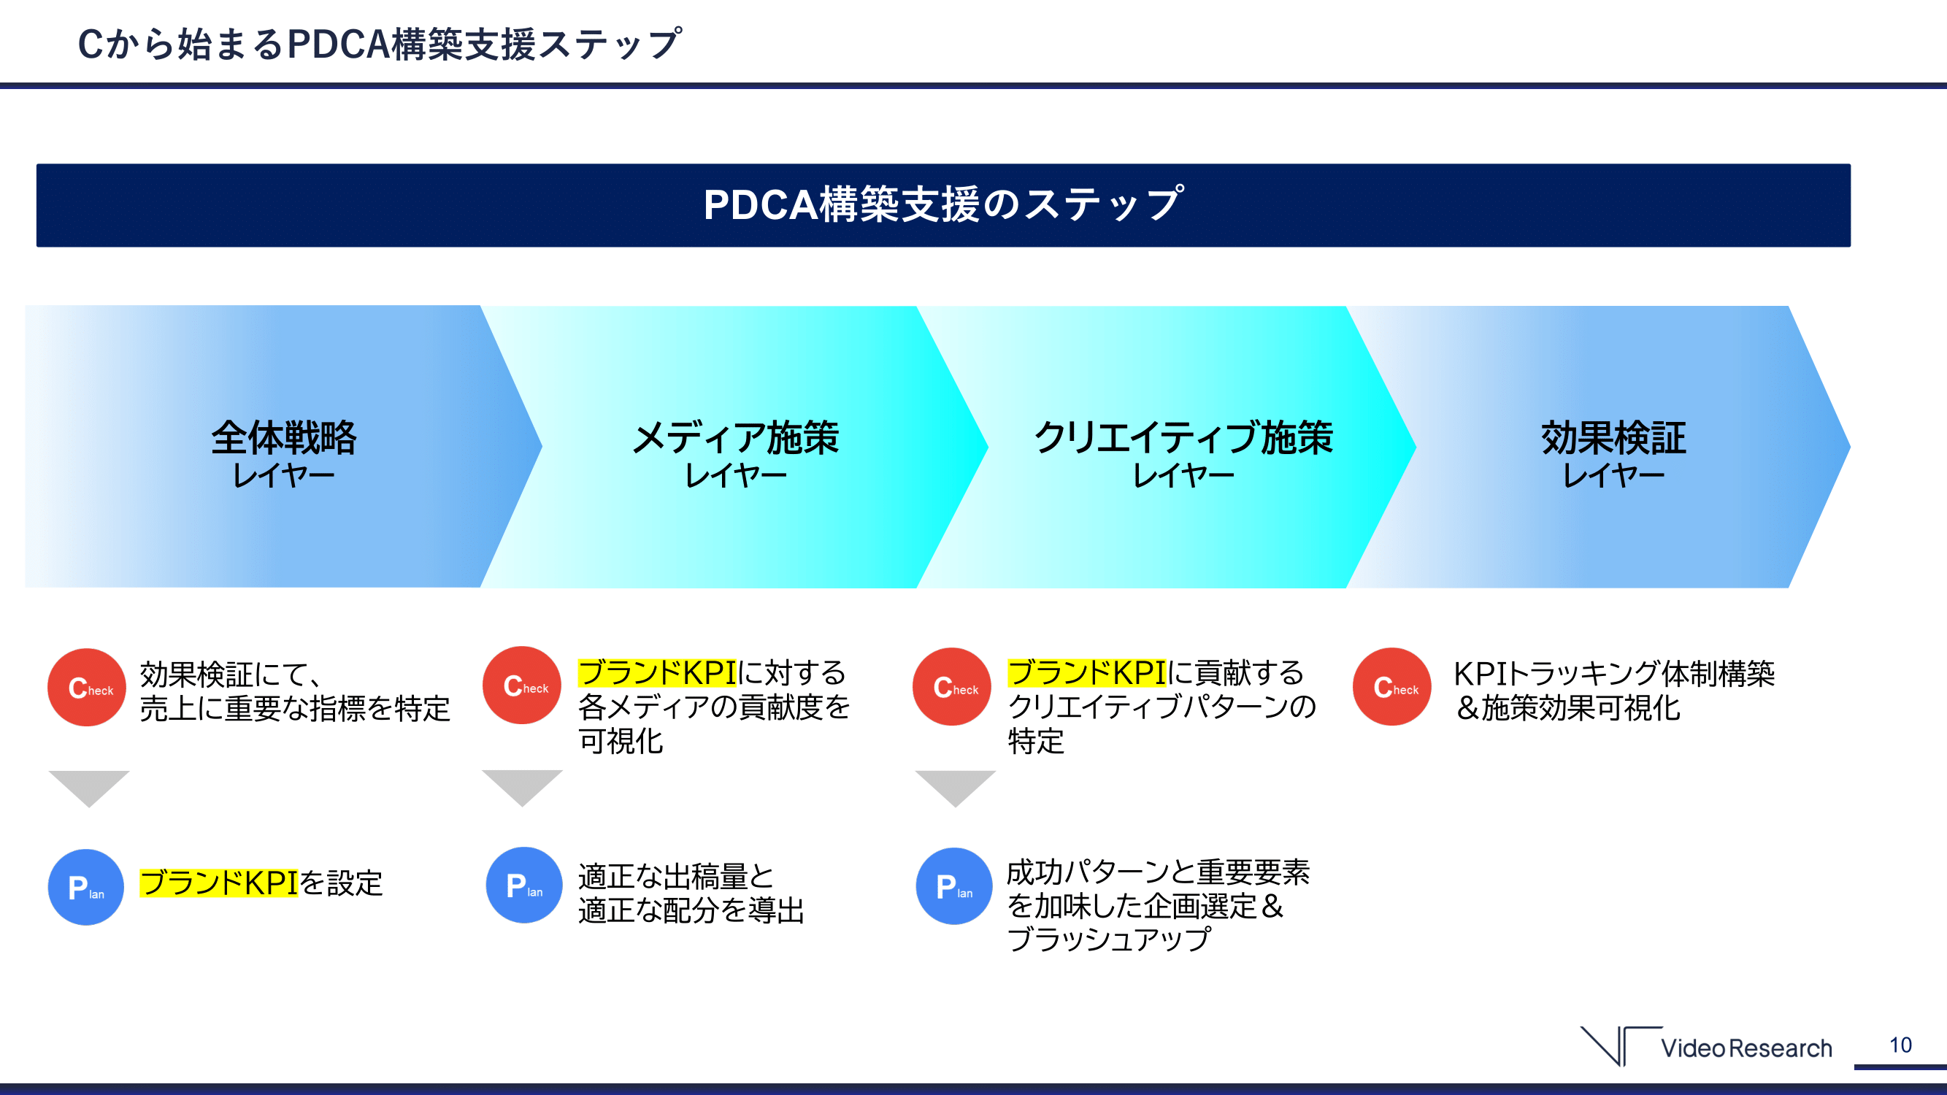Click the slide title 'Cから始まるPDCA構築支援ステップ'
click(x=380, y=44)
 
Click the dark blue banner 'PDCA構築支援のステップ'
click(x=943, y=205)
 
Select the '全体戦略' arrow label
click(x=283, y=437)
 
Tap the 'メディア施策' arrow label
click(x=735, y=437)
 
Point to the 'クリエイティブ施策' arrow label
click(x=1183, y=437)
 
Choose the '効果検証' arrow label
click(x=1613, y=437)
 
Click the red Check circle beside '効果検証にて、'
click(x=87, y=687)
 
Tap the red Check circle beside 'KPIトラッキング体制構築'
click(x=1392, y=686)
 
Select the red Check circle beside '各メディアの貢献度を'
click(x=522, y=685)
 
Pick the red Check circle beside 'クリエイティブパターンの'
click(x=953, y=686)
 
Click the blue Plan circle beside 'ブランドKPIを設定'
click(x=86, y=886)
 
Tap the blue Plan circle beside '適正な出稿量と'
click(x=525, y=885)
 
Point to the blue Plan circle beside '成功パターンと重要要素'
click(x=955, y=885)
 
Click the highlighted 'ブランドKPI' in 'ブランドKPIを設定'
click(x=219, y=883)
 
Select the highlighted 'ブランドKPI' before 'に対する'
click(x=657, y=672)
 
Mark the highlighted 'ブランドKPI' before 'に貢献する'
click(x=1087, y=672)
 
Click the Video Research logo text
click(x=1746, y=1048)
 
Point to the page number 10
click(x=1900, y=1045)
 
